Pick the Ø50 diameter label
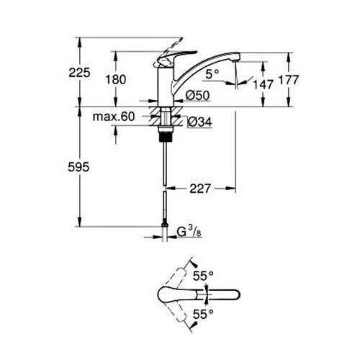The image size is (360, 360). [197, 95]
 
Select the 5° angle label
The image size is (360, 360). [210, 73]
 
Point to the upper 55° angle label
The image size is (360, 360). [203, 274]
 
